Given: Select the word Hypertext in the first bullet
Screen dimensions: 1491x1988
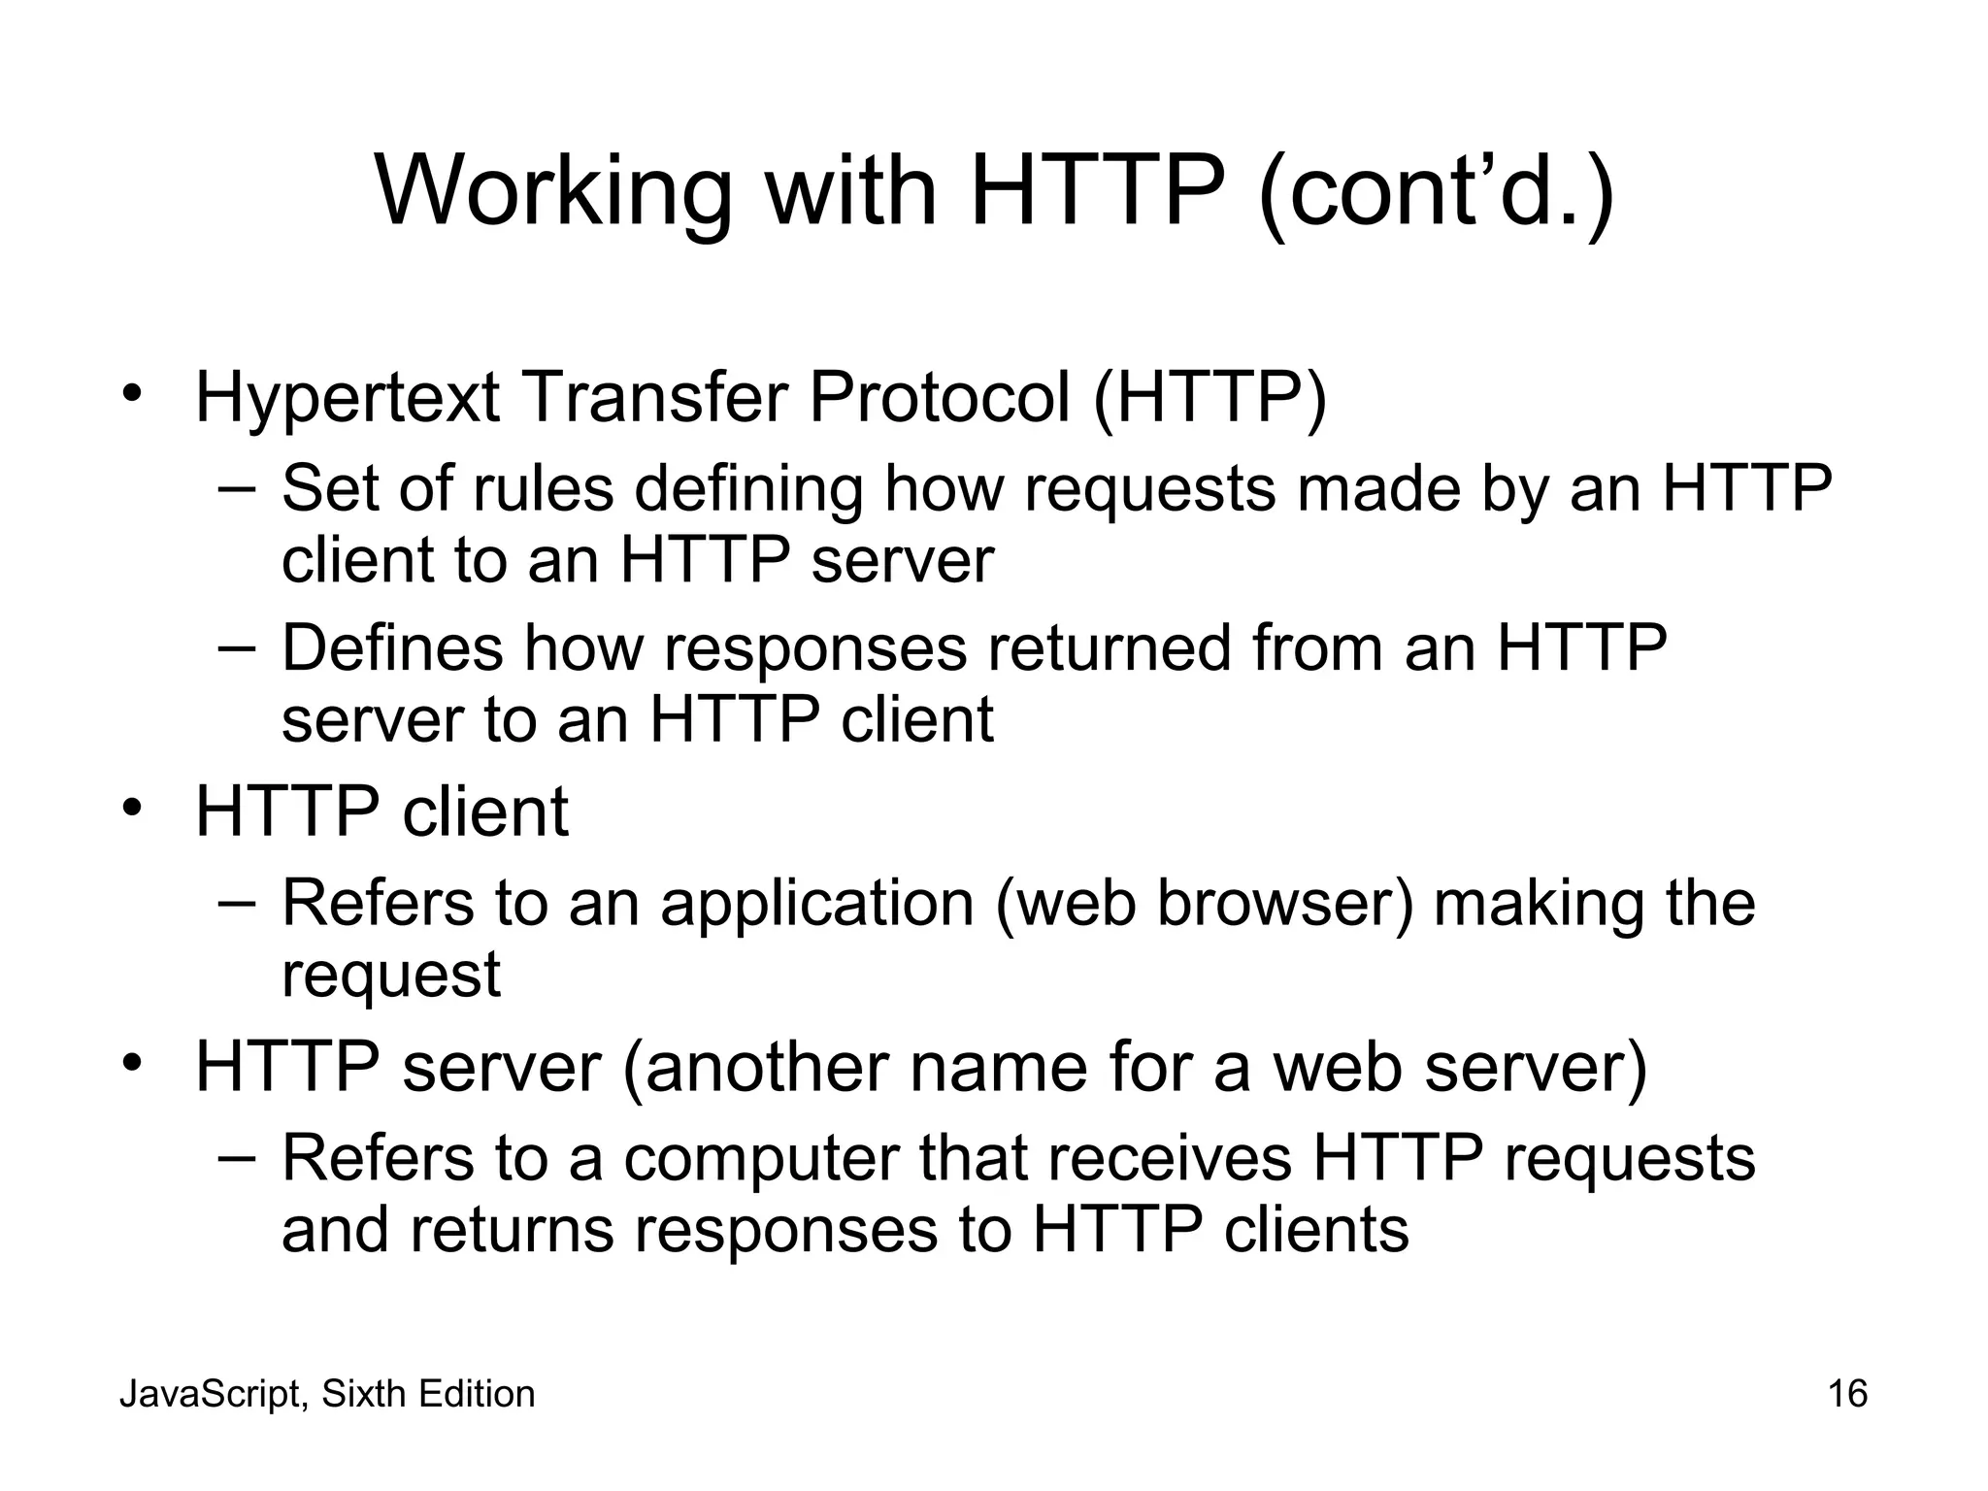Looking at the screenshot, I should click(348, 398).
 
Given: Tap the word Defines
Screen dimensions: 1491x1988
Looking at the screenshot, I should click(392, 647).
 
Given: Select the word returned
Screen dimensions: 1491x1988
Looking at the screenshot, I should click(1110, 647).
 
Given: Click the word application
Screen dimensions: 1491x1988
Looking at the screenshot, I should click(817, 903).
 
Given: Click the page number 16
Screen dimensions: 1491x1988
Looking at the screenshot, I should click(1847, 1394).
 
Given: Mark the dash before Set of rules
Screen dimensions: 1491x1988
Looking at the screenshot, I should click(237, 487).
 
